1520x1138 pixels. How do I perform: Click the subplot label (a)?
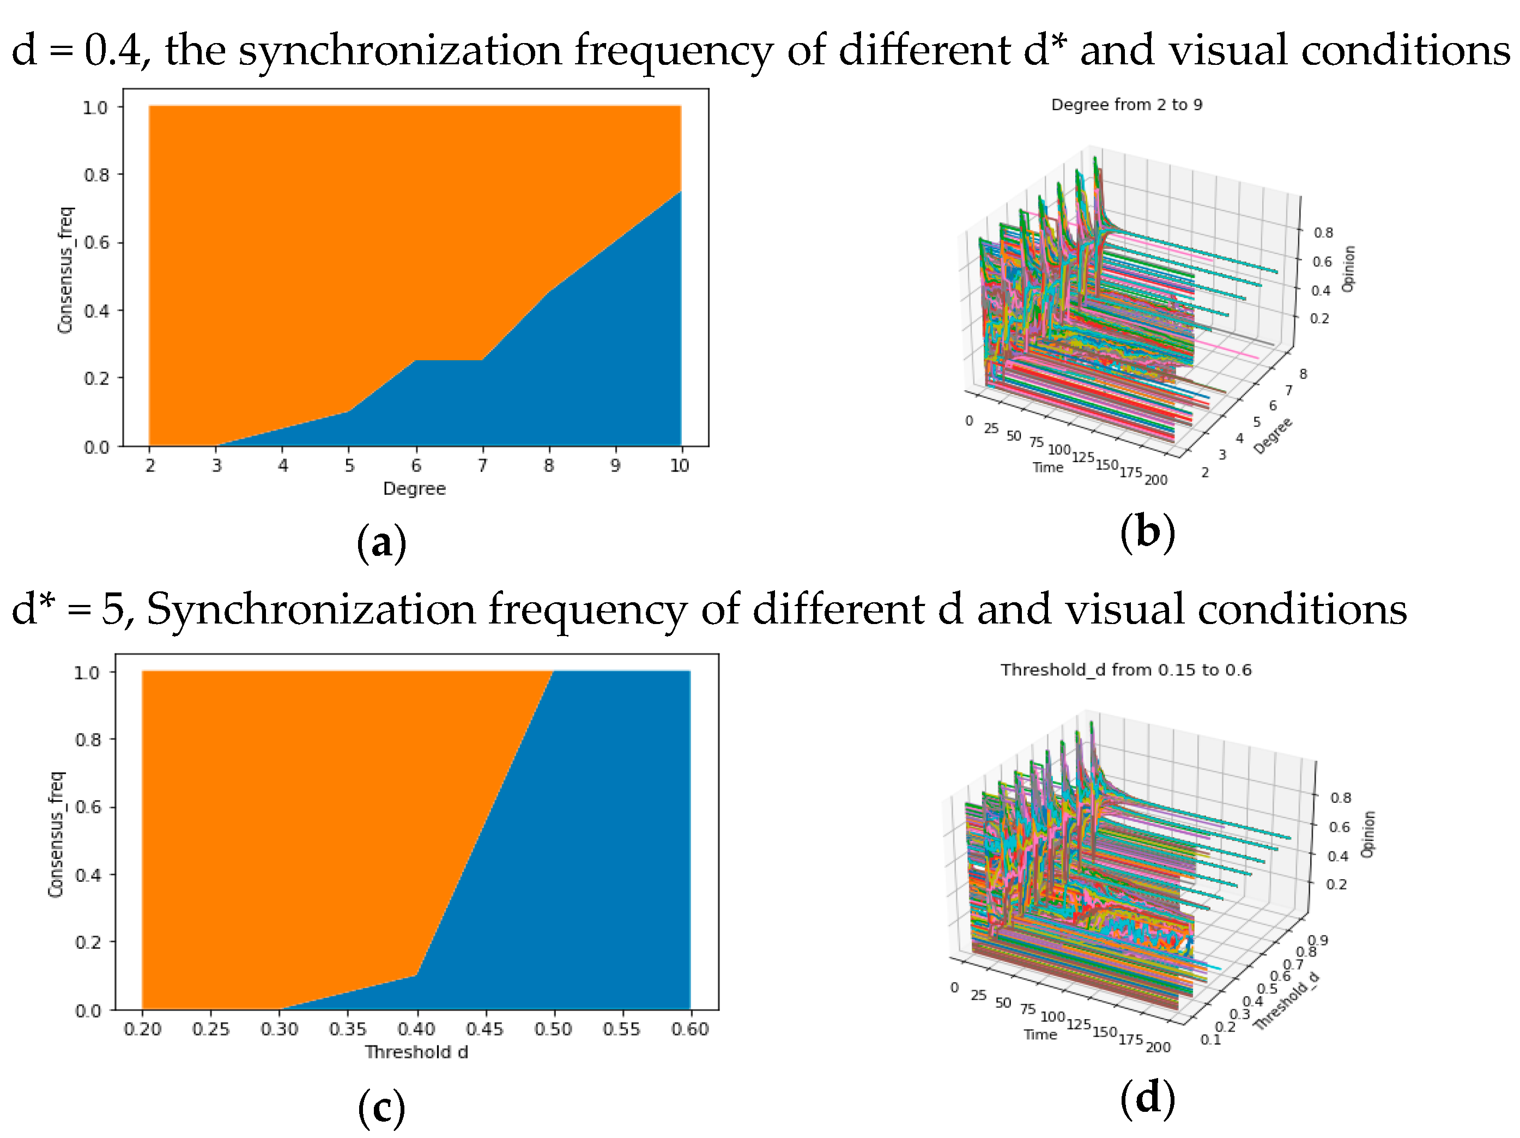(381, 543)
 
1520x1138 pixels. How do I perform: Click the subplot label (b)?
(1147, 532)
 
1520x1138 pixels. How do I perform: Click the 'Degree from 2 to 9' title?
(1127, 105)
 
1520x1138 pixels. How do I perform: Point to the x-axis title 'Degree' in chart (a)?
(414, 488)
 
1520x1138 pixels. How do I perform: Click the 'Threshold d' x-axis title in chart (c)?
(416, 1052)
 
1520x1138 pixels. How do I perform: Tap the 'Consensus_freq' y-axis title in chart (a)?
(65, 271)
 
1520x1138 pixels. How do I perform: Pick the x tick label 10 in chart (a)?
(679, 466)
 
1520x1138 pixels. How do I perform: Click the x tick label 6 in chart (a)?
(416, 466)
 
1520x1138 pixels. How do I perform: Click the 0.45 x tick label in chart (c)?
(485, 1030)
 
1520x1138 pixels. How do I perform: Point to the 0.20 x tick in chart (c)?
(142, 1030)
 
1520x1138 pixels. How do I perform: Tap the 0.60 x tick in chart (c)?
(690, 1030)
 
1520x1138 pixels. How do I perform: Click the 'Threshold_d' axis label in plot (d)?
(1286, 1001)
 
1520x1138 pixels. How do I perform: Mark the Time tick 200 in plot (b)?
(1156, 480)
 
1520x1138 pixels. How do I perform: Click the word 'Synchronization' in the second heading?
(311, 609)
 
